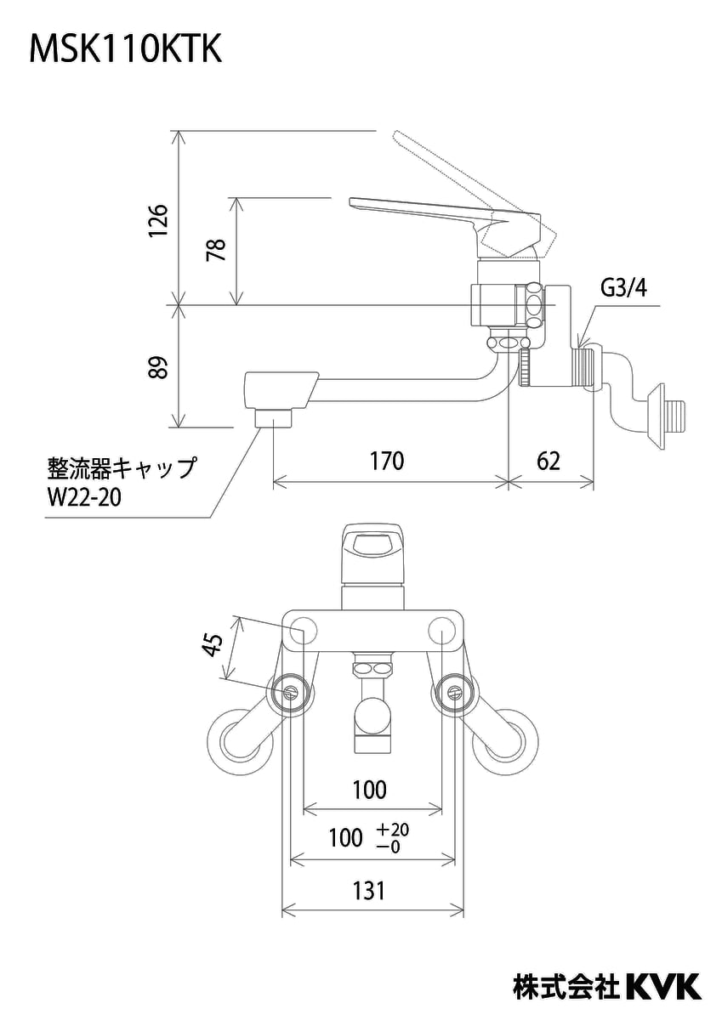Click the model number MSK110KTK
pos(126,50)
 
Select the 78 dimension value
pos(217,250)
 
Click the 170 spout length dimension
pos(387,462)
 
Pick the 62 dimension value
pos(549,462)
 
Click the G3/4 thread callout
pos(624,288)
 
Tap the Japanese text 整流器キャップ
pos(120,467)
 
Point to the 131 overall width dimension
pos(369,890)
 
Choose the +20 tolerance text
pos(393,830)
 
